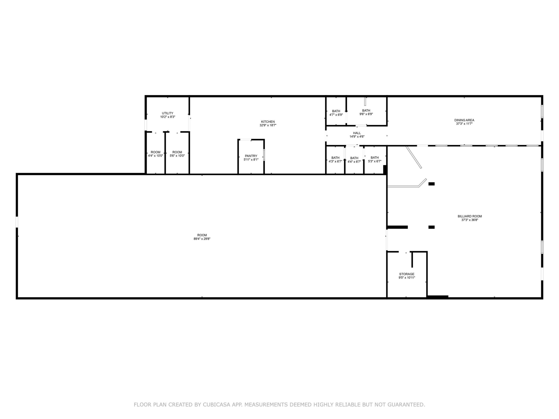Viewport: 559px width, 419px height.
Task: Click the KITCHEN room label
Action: [268, 122]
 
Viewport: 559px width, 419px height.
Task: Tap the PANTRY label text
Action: [251, 156]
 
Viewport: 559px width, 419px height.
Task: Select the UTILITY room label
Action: [167, 113]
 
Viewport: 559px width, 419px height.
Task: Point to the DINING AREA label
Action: [464, 120]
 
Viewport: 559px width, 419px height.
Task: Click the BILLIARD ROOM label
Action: [470, 216]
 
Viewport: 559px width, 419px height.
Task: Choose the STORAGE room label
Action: [407, 274]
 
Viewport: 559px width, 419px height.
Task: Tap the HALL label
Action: [357, 133]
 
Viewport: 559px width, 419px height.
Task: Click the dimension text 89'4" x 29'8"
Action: [202, 239]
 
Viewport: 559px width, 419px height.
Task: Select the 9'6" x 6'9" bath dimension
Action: [366, 114]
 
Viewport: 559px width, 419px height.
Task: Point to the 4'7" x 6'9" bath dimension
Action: [336, 115]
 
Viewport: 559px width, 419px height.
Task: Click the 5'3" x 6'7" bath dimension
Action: [375, 161]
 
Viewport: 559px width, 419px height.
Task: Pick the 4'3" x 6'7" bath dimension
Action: [335, 161]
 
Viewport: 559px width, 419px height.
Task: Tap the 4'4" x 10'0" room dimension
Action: [156, 156]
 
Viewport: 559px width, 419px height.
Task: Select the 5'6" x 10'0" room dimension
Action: [177, 156]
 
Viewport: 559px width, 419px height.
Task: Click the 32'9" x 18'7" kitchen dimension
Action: [268, 125]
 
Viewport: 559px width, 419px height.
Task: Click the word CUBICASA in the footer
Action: [217, 405]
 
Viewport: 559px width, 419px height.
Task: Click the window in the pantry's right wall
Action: [264, 155]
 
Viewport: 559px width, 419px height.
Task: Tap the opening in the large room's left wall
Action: [17, 222]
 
